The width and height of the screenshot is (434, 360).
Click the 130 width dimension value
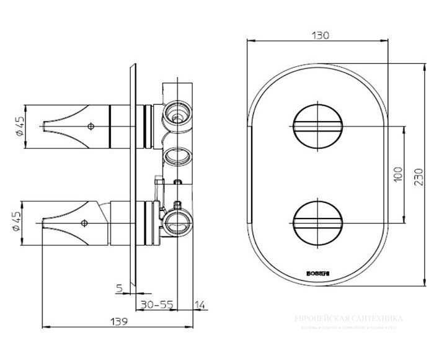(x=321, y=35)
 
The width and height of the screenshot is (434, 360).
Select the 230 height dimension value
(x=419, y=181)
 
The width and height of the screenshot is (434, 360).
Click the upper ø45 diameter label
(x=19, y=126)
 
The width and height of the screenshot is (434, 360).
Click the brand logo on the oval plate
(x=316, y=272)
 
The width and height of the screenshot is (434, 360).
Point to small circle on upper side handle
(x=92, y=126)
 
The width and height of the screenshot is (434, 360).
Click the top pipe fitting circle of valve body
(x=178, y=115)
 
